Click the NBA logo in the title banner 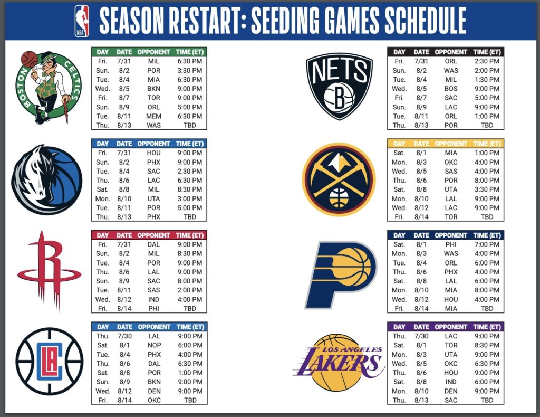click(x=82, y=21)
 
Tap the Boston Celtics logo click(x=47, y=88)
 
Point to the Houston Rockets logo click(x=49, y=271)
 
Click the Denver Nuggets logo click(x=339, y=179)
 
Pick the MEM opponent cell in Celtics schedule click(x=153, y=116)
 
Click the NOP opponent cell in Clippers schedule click(x=153, y=345)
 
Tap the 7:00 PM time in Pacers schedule click(x=486, y=244)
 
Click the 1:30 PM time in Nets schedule click(x=486, y=79)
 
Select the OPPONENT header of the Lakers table click(x=451, y=327)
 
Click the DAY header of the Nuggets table click(x=399, y=144)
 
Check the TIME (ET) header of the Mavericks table click(x=190, y=144)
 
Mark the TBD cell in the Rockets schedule click(x=190, y=309)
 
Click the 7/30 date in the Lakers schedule click(x=421, y=336)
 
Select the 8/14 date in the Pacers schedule click(x=421, y=309)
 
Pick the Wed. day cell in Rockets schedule click(x=103, y=299)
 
